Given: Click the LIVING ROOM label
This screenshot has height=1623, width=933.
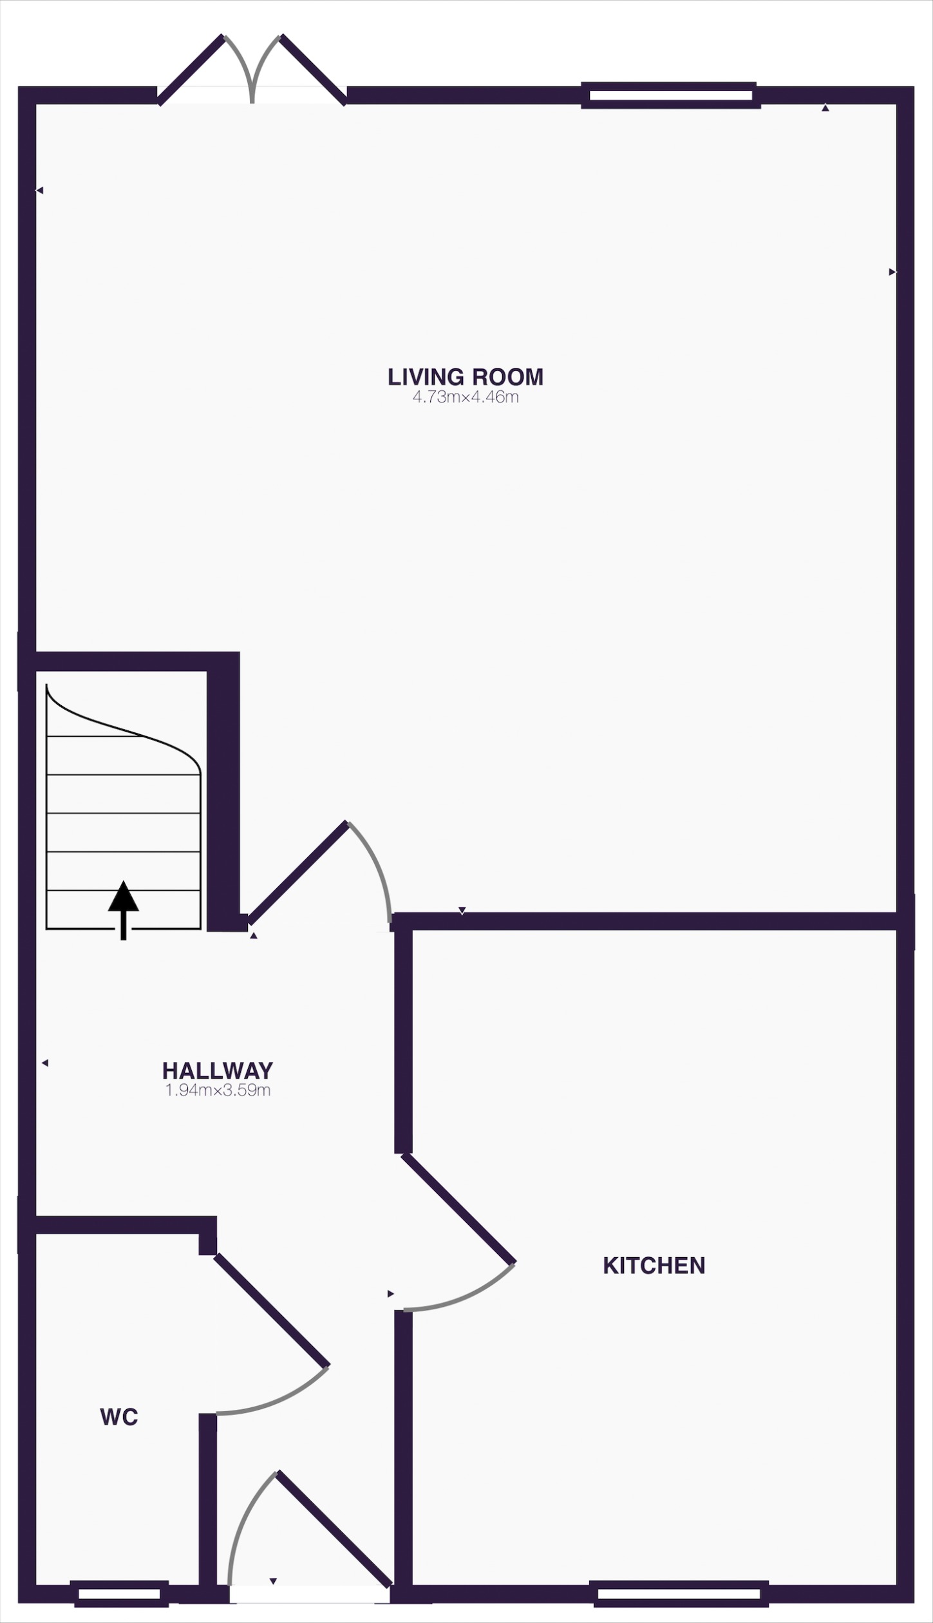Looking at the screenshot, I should pyautogui.click(x=465, y=377).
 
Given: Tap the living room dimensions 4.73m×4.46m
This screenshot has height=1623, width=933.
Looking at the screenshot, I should pyautogui.click(x=465, y=397).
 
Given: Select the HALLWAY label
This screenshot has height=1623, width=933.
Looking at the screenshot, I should pyautogui.click(x=218, y=1070).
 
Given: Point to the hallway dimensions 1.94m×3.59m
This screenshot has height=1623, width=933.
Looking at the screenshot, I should pyautogui.click(x=218, y=1090).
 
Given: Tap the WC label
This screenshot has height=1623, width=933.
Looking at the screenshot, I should pyautogui.click(x=119, y=1417).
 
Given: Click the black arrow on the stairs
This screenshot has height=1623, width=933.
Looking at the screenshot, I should pyautogui.click(x=123, y=908).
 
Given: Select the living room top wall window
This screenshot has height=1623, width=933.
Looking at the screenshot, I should pyautogui.click(x=670, y=95).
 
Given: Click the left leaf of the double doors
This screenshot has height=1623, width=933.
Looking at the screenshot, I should pyautogui.click(x=191, y=70).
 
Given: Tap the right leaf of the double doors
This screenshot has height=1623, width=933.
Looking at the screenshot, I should pyautogui.click(x=314, y=70).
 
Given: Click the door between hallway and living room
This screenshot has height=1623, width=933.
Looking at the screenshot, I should pyautogui.click(x=297, y=873).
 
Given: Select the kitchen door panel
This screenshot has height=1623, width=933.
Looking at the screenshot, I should pyautogui.click(x=458, y=1208).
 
